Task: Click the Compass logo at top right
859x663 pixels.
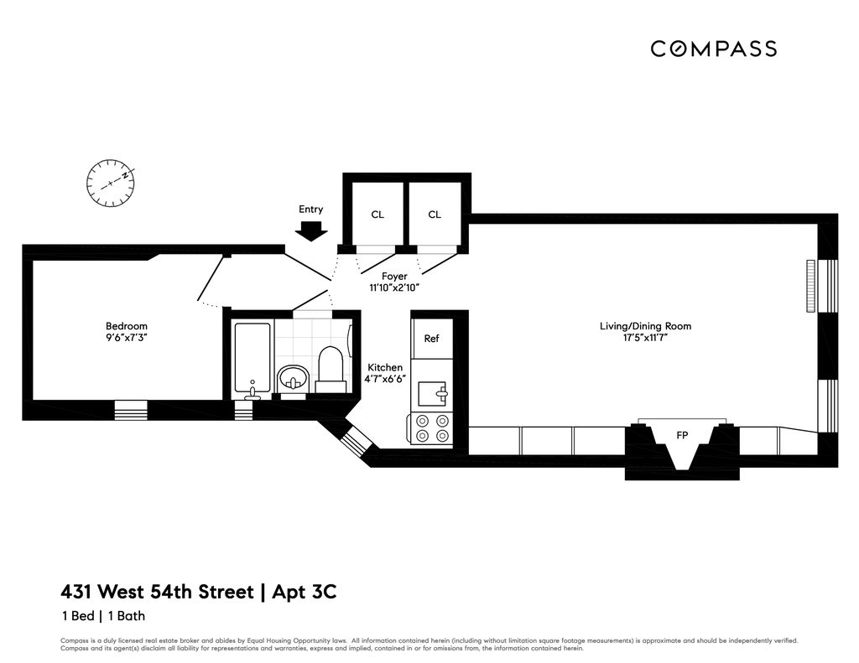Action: (x=713, y=49)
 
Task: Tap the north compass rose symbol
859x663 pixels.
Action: (x=111, y=183)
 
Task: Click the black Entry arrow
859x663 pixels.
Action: (x=311, y=230)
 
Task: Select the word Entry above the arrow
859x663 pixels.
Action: (x=310, y=210)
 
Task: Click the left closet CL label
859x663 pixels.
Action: (x=377, y=215)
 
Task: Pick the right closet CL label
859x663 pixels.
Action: (x=435, y=215)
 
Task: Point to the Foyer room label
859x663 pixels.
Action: (x=394, y=276)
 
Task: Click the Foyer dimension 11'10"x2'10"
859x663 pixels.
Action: (x=394, y=287)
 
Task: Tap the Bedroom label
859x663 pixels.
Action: (x=127, y=326)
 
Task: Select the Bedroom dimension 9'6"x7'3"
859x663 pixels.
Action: (x=127, y=338)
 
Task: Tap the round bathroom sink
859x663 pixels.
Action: (x=293, y=378)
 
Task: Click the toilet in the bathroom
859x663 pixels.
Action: (x=331, y=370)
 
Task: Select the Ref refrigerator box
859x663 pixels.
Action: (x=431, y=339)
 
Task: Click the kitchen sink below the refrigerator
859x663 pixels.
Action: (x=435, y=391)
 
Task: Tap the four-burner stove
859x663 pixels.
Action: (x=432, y=429)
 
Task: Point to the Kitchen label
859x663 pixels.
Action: (x=385, y=367)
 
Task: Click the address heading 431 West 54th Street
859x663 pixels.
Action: (x=157, y=592)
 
